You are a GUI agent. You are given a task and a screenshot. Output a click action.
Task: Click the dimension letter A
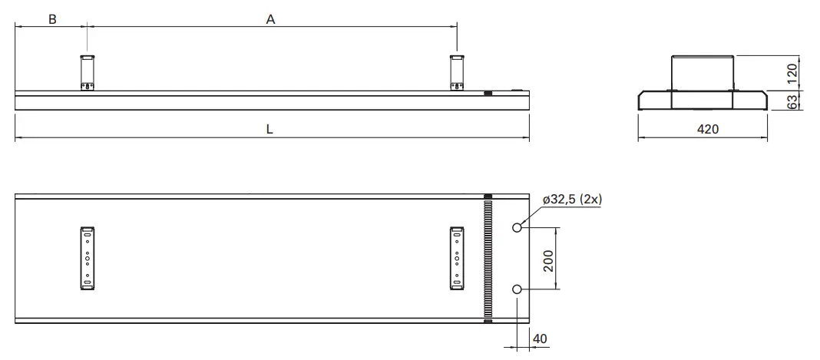270,20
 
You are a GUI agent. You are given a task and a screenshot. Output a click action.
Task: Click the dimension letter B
52,20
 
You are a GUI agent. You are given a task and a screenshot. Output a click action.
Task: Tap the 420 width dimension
707,130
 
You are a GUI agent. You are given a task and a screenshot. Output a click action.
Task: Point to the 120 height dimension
792,73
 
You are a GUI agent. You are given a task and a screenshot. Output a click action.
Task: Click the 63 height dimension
792,101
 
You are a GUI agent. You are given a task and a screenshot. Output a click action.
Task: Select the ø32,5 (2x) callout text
572,199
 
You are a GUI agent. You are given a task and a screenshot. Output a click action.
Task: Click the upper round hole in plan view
517,228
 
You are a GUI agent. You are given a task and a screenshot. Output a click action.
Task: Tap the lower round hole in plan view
517,289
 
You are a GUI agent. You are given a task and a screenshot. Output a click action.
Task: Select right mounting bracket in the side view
457,72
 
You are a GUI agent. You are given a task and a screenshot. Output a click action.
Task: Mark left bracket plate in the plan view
88,259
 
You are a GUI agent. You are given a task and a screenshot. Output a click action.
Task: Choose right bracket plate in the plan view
457,259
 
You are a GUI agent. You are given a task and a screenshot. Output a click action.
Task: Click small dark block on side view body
488,94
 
